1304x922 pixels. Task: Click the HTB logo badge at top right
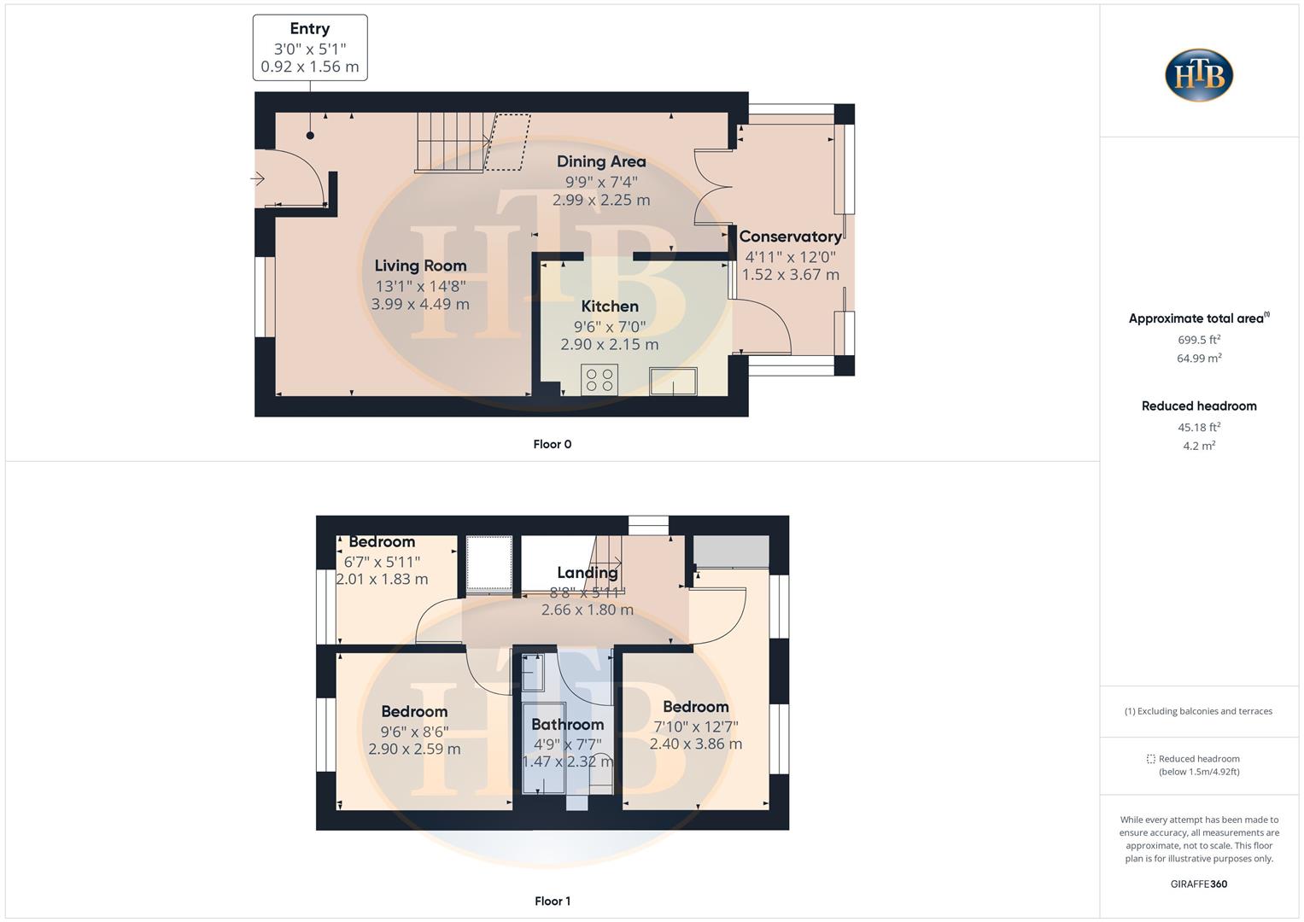1199,75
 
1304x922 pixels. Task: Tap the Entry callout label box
310,48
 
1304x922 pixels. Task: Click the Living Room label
420,266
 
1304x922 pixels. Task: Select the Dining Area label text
601,161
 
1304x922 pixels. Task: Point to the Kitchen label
610,306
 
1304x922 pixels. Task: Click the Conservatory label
790,236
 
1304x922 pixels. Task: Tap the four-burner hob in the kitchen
599,380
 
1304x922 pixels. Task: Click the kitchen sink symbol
673,381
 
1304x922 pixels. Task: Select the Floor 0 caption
553,444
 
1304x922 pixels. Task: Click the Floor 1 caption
553,901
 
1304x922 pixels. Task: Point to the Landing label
588,573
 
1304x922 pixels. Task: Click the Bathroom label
567,725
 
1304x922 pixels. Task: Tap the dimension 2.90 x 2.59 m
414,749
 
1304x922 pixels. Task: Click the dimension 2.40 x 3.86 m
696,744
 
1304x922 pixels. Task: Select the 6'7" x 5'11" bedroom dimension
382,562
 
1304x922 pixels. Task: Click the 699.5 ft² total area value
1199,339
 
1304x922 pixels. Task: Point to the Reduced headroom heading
1199,406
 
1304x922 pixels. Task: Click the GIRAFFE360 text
1199,884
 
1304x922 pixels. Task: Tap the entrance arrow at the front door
257,179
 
